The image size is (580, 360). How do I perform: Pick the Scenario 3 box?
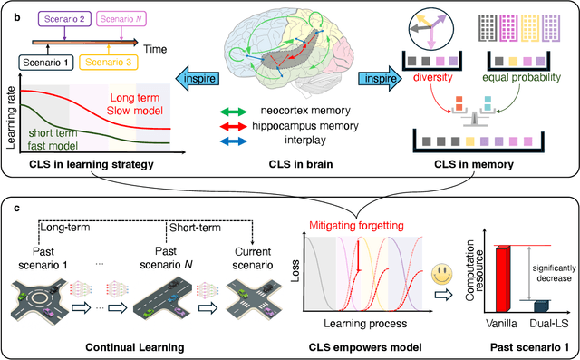click(x=107, y=63)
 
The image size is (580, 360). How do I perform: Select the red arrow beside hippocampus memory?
click(x=233, y=128)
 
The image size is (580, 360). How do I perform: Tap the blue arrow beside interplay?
click(x=233, y=141)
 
